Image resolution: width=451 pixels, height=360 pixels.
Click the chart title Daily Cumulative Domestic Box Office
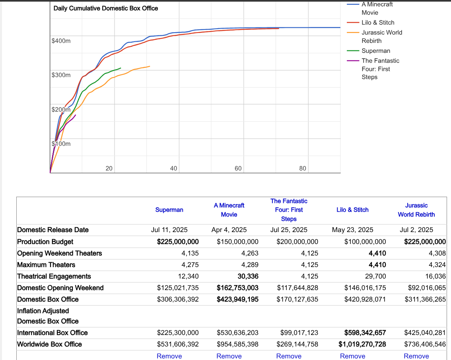pos(105,8)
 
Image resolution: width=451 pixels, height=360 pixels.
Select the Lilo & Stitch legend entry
pos(378,23)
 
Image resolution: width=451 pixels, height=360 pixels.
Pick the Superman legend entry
pos(376,51)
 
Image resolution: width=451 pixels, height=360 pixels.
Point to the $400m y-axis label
pos(61,41)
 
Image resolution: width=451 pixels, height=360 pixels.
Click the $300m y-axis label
pos(61,75)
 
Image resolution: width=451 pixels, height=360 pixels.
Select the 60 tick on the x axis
pos(238,168)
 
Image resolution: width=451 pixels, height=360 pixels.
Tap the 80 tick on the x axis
pos(303,168)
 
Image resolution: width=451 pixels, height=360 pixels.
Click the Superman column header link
pos(169,210)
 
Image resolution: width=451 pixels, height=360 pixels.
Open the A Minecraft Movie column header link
pos(229,210)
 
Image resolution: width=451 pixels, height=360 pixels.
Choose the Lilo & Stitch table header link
pos(352,210)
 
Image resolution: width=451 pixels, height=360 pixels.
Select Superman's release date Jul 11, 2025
pos(169,230)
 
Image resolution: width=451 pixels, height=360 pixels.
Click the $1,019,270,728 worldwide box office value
pos(362,344)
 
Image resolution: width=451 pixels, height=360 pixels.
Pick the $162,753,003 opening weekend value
pos(237,288)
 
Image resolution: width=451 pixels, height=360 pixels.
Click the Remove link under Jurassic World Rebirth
pos(416,356)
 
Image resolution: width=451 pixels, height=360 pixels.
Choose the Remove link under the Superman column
pos(169,356)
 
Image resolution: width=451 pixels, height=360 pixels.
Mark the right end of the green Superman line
pos(121,68)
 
